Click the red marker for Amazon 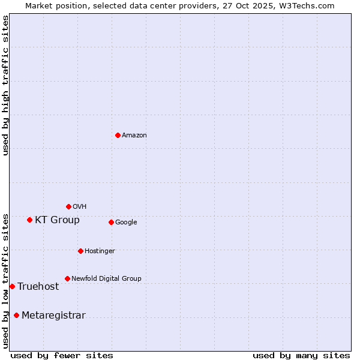118,135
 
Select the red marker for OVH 68,206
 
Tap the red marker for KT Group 29,220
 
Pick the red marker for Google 111,222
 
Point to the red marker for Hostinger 80,251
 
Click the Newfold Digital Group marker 67,278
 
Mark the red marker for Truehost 12,286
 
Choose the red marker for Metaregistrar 16,315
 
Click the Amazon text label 134,136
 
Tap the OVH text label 80,207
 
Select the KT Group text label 57,220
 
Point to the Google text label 126,223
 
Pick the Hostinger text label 100,251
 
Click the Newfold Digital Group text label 106,279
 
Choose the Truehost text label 38,287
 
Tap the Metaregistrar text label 53,316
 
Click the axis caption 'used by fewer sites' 62,355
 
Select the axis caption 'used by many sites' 301,355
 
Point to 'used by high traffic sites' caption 5,85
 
